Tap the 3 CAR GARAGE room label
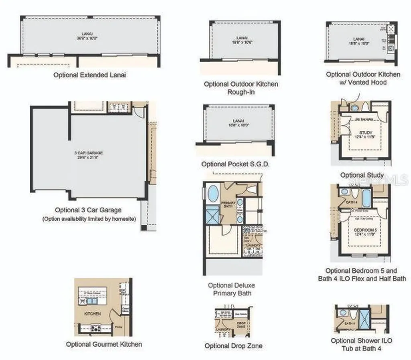point(88,153)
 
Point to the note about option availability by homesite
point(89,219)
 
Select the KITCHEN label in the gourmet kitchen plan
point(92,313)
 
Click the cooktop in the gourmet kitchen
point(96,328)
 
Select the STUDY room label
point(366,132)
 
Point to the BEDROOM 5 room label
point(365,230)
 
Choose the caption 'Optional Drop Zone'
point(234,346)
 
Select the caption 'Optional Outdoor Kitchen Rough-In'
point(241,88)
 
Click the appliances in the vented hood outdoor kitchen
point(391,38)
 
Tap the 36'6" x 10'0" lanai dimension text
point(87,38)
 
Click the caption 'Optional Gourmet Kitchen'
point(104,344)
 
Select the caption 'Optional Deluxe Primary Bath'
point(231,289)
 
